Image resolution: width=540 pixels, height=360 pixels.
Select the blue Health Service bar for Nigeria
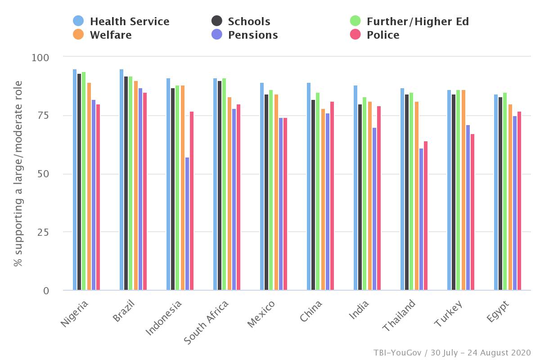coord(75,180)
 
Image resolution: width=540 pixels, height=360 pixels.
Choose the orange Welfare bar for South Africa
coord(229,193)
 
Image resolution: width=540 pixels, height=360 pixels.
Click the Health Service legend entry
coord(121,21)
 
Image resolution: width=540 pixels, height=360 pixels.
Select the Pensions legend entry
coord(245,35)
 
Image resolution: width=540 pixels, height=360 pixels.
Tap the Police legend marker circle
coord(355,35)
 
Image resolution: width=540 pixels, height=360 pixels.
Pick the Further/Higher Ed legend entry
coord(409,21)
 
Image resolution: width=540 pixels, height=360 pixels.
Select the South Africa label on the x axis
coord(207,322)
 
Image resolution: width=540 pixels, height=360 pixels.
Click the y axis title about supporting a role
coord(18,174)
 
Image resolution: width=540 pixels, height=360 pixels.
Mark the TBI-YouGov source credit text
coord(452,352)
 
